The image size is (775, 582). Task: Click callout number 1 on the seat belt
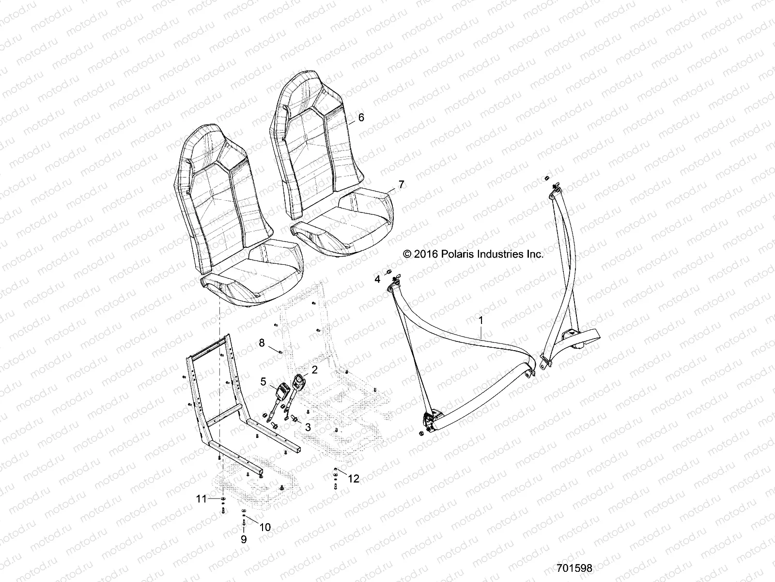click(x=480, y=320)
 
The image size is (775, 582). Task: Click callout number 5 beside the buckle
click(x=263, y=369)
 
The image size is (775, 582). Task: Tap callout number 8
click(x=262, y=343)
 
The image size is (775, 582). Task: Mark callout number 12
click(x=354, y=479)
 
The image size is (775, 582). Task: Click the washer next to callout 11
click(x=221, y=499)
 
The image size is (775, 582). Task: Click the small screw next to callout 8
click(x=279, y=351)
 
